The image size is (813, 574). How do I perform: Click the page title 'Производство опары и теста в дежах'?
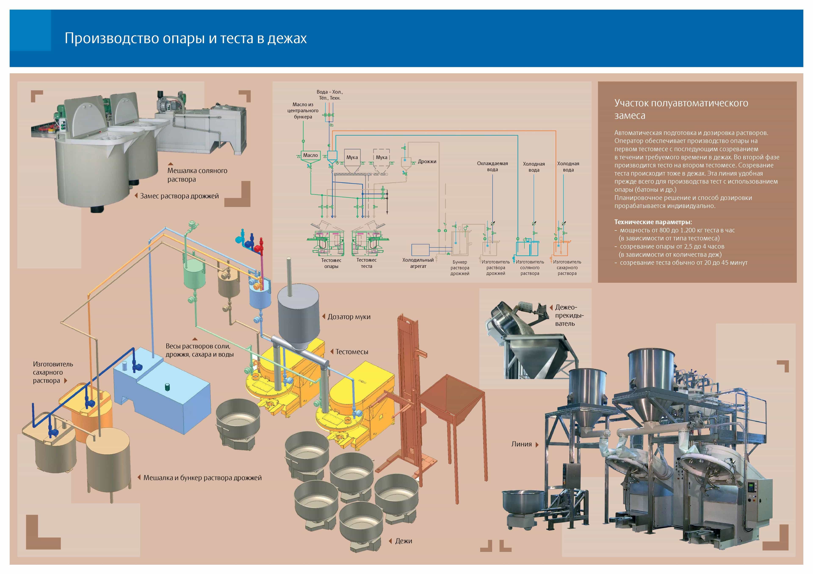click(185, 38)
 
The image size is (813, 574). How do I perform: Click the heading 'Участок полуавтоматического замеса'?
click(681, 109)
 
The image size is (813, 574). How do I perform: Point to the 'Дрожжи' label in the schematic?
click(427, 162)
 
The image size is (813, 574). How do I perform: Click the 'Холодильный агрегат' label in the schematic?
click(418, 263)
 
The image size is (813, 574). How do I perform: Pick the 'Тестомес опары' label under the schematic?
click(331, 263)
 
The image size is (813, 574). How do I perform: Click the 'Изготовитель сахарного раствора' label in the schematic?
click(567, 268)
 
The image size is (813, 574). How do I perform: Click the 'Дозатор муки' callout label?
click(349, 317)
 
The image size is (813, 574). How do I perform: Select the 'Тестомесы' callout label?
click(352, 352)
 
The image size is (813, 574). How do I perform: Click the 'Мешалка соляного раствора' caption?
click(197, 175)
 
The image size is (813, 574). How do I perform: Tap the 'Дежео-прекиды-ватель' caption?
click(569, 315)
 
